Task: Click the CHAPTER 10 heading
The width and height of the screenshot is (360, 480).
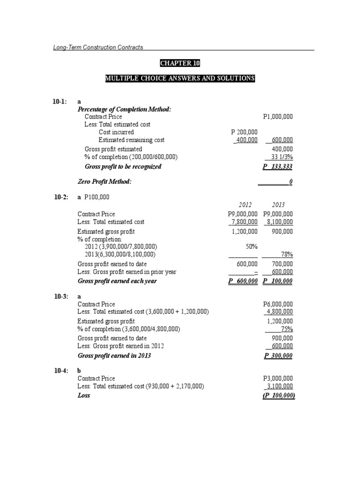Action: (x=180, y=63)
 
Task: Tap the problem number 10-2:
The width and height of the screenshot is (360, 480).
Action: (x=60, y=198)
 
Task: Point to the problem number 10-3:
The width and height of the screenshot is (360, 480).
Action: (x=60, y=297)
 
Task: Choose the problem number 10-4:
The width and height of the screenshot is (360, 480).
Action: (x=60, y=370)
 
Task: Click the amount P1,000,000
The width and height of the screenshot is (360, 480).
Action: (x=278, y=116)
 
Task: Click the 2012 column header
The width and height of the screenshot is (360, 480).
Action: (x=245, y=205)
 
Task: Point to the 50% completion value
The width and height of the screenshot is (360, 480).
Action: (x=252, y=246)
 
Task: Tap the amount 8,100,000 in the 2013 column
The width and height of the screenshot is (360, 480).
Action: (x=278, y=222)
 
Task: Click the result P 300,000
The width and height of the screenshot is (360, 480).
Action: (x=279, y=355)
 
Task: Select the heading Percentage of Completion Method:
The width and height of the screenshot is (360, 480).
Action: (x=124, y=109)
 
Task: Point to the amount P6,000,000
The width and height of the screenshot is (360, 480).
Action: (x=278, y=304)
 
